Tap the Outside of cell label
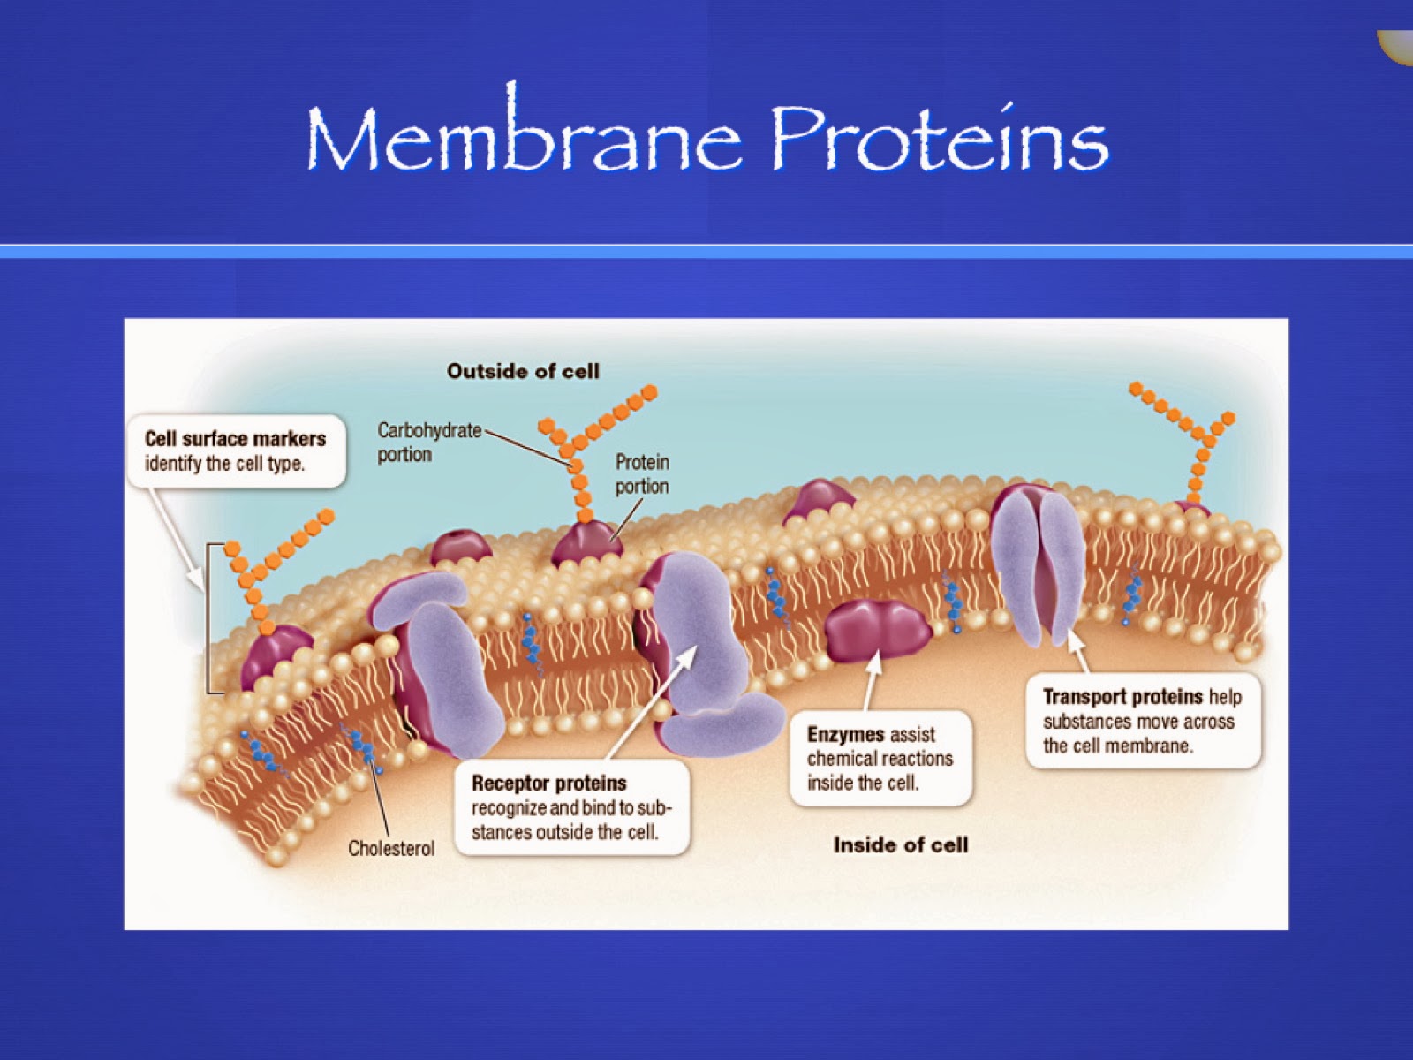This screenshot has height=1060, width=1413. tap(523, 371)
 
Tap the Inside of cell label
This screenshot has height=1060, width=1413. tap(900, 844)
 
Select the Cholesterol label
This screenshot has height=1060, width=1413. tap(391, 848)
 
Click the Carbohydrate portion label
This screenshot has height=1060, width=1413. tap(429, 442)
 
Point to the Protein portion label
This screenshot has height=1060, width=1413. tap(642, 473)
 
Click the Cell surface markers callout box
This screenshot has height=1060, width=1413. tap(236, 450)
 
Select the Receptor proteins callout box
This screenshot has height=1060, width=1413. tap(570, 807)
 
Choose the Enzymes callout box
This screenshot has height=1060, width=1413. tap(880, 758)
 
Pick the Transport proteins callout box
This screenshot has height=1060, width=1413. tap(1142, 721)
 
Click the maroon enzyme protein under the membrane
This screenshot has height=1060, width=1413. tap(877, 630)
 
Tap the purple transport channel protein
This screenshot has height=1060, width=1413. tap(1037, 561)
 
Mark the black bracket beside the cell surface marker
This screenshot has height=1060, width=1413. tap(209, 618)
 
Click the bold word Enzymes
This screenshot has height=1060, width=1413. tap(845, 734)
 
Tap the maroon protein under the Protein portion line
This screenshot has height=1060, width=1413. tap(586, 542)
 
